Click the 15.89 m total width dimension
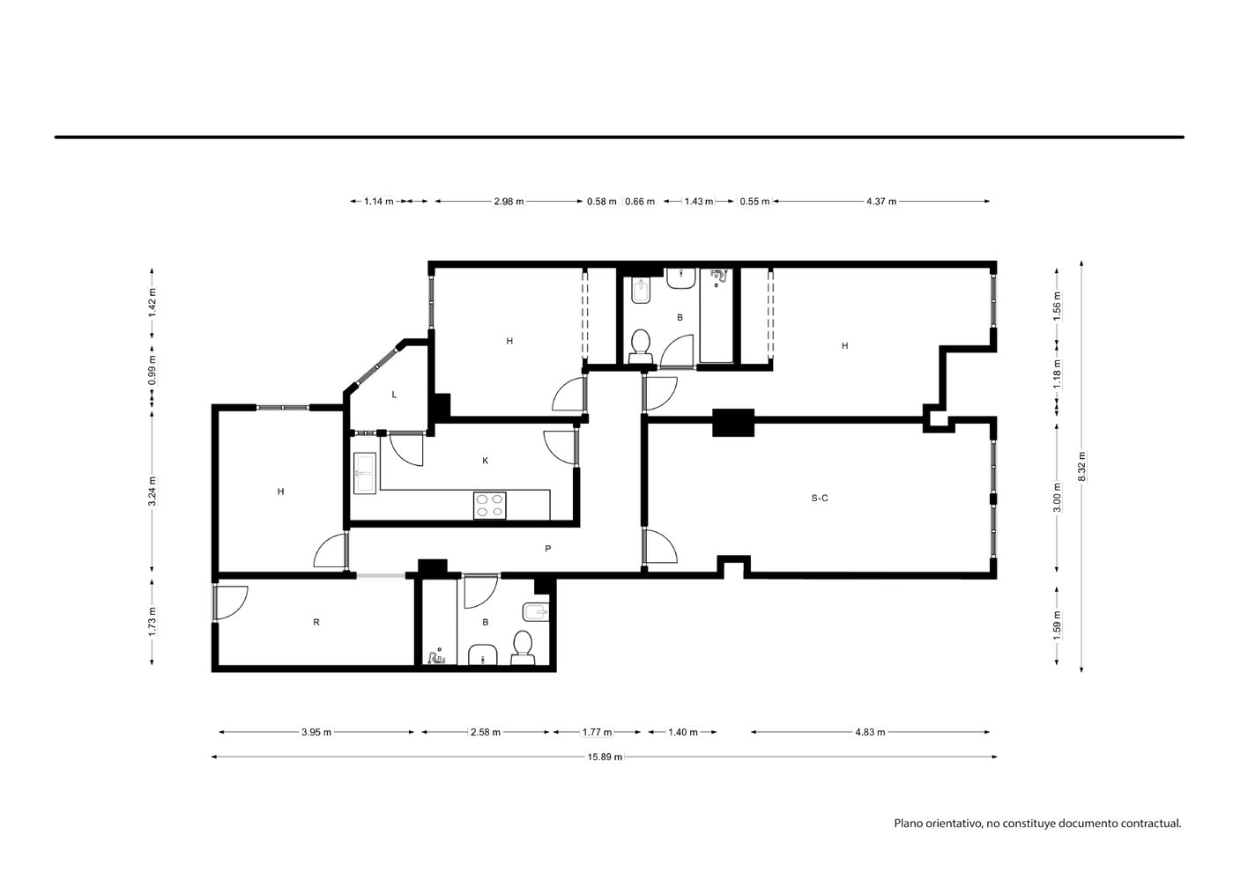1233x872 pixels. pyautogui.click(x=605, y=757)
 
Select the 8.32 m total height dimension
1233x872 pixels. pyautogui.click(x=1081, y=467)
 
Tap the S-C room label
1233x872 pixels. pyautogui.click(x=819, y=499)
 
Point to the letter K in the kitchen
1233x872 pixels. pyautogui.click(x=485, y=461)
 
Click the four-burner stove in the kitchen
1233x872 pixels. pyautogui.click(x=489, y=506)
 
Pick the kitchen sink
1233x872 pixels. pyautogui.click(x=364, y=472)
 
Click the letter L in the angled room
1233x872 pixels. pyautogui.click(x=394, y=395)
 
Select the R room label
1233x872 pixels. pyautogui.click(x=316, y=622)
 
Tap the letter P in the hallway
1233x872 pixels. pyautogui.click(x=547, y=549)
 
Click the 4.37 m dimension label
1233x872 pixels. pyautogui.click(x=881, y=202)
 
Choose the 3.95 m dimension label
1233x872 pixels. pyautogui.click(x=316, y=732)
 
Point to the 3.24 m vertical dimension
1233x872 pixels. pyautogui.click(x=152, y=491)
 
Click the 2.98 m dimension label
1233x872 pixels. pyautogui.click(x=509, y=202)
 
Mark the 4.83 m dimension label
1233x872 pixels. pyautogui.click(x=870, y=732)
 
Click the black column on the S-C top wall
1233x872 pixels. pyautogui.click(x=733, y=423)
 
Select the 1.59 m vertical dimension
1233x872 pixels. pyautogui.click(x=1057, y=626)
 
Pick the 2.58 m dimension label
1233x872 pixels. pyautogui.click(x=485, y=732)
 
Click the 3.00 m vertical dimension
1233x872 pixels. pyautogui.click(x=1057, y=498)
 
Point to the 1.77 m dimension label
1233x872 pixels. pyautogui.click(x=597, y=732)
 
